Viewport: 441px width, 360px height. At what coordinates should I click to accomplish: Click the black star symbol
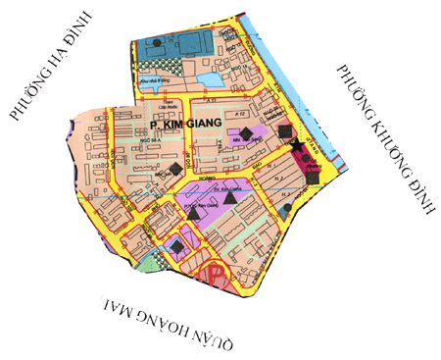[x=296, y=145]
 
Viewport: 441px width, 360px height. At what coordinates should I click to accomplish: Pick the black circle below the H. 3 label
[x=284, y=209]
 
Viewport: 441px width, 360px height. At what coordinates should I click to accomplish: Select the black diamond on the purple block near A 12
[x=246, y=132]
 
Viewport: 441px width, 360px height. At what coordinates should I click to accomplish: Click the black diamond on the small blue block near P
[x=175, y=247]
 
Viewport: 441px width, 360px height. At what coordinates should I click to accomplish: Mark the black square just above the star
[x=285, y=130]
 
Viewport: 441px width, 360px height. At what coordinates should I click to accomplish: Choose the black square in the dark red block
[x=312, y=178]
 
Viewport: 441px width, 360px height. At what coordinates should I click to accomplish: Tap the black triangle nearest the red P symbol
[x=194, y=212]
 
